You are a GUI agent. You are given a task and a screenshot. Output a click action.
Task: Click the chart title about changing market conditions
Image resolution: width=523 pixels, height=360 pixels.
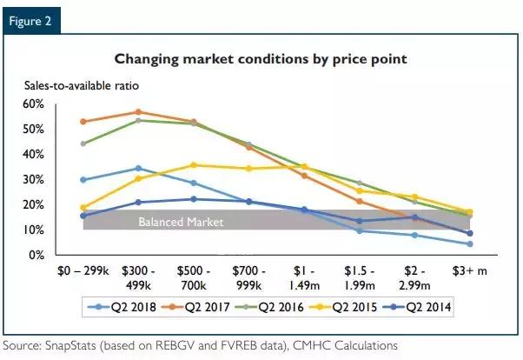pos(261,59)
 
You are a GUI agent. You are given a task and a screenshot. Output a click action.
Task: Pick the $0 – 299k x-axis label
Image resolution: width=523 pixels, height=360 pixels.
pos(83,272)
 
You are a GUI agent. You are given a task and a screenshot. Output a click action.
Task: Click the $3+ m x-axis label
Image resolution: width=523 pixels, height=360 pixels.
pos(471,272)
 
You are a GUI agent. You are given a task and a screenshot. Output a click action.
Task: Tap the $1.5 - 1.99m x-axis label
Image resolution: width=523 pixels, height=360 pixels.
pos(360,278)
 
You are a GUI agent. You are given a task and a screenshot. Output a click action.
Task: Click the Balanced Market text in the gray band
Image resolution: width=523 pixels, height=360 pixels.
pos(181,222)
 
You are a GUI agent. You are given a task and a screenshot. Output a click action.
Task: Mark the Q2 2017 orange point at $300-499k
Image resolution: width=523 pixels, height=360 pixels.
pos(138,112)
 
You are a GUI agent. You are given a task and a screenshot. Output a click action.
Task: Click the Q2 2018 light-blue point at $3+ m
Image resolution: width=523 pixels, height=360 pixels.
pos(470,244)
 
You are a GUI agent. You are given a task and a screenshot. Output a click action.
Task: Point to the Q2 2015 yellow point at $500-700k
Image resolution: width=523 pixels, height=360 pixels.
pos(194,164)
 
